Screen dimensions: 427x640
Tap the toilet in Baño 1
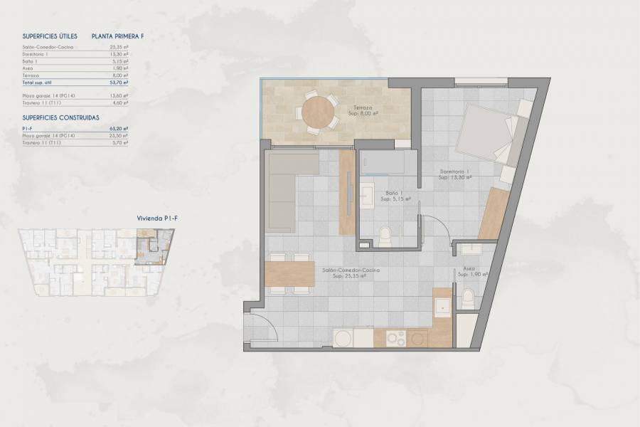pyautogui.click(x=385, y=236)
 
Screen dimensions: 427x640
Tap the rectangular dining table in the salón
pyautogui.click(x=289, y=273)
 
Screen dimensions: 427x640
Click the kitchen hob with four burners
pyautogui.click(x=396, y=338)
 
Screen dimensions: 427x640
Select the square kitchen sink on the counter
pyautogui.click(x=442, y=306)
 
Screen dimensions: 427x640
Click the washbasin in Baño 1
pyautogui.click(x=367, y=196)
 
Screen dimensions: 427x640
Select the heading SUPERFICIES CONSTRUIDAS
pyautogui.click(x=60, y=117)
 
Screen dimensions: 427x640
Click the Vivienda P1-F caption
pyautogui.click(x=156, y=218)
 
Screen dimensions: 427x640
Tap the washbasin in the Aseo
pyautogui.click(x=471, y=250)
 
